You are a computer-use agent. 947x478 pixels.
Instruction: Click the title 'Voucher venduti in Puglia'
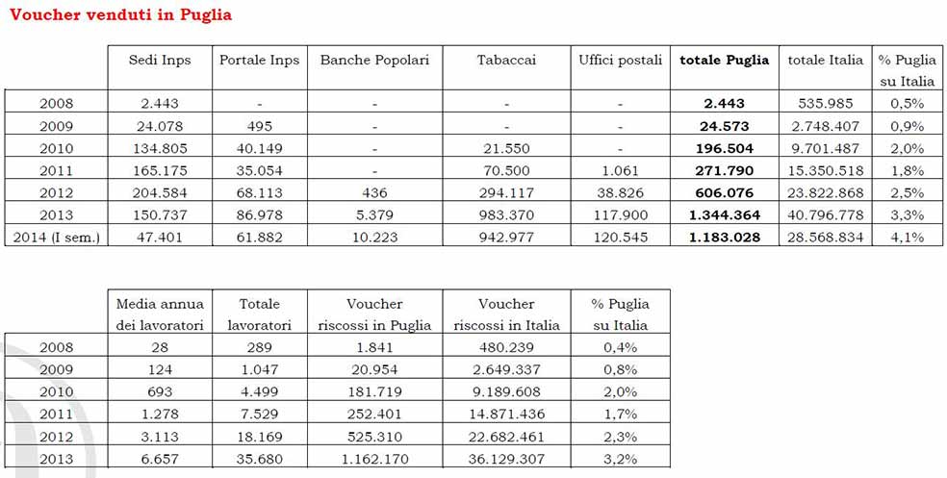pyautogui.click(x=120, y=14)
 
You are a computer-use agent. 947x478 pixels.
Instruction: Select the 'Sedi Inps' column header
pyautogui.click(x=160, y=60)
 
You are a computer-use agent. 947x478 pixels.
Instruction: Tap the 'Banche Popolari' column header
pyautogui.click(x=374, y=60)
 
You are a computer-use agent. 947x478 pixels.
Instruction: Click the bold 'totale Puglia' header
pyautogui.click(x=724, y=60)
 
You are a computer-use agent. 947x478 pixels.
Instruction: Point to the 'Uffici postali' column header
pyautogui.click(x=620, y=60)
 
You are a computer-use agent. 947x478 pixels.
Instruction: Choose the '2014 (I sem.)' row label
pyautogui.click(x=56, y=237)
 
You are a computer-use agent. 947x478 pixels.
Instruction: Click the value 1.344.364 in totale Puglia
pyautogui.click(x=724, y=214)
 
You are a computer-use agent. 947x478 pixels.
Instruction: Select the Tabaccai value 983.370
pyautogui.click(x=506, y=214)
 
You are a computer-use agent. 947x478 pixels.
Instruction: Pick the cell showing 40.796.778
pyautogui.click(x=825, y=214)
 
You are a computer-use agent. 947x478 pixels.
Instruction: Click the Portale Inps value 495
pyautogui.click(x=259, y=126)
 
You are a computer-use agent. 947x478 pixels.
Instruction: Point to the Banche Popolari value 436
pyautogui.click(x=374, y=192)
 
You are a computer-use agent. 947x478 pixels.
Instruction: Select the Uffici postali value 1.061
pyautogui.click(x=620, y=170)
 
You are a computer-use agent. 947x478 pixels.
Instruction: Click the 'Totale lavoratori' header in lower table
pyautogui.click(x=259, y=314)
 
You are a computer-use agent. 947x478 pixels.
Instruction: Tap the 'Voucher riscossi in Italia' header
pyautogui.click(x=506, y=314)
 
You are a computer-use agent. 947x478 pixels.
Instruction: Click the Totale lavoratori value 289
pyautogui.click(x=259, y=347)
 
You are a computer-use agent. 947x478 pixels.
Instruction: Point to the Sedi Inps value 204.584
pyautogui.click(x=160, y=192)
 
